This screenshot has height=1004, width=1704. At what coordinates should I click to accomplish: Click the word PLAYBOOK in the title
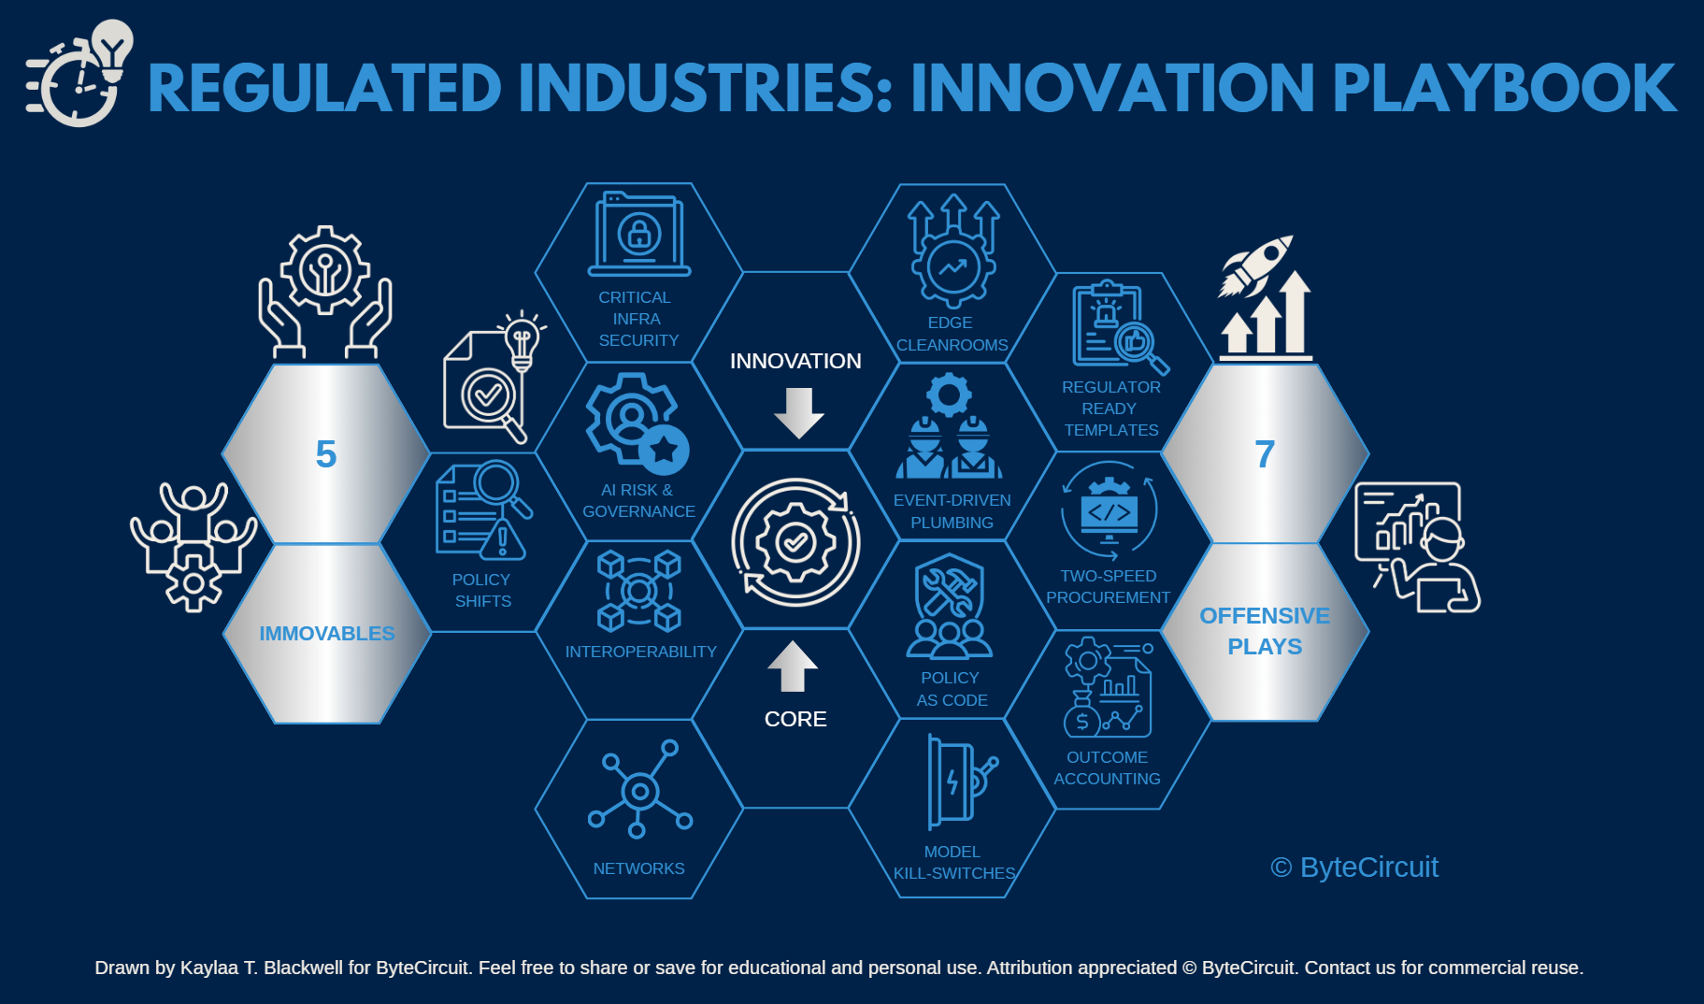point(1504,88)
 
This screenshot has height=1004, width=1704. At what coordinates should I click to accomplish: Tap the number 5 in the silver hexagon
point(325,454)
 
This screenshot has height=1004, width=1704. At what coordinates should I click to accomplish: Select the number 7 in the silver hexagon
point(1265,454)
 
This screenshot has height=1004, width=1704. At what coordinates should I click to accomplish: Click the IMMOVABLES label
point(327,634)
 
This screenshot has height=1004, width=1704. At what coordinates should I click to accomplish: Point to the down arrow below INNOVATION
point(799,413)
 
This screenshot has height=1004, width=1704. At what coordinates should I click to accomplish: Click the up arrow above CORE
point(793,666)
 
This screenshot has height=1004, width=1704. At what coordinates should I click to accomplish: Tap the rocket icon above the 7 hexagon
point(1256,265)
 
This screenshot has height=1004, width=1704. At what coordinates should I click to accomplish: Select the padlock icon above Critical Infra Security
point(639,233)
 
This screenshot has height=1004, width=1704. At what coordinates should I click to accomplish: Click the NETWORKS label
point(639,868)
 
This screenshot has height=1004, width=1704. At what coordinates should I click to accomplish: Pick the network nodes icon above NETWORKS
point(640,789)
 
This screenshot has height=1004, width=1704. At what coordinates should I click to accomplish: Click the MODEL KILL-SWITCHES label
point(953,863)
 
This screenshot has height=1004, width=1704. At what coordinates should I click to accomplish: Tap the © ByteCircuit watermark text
point(1354,868)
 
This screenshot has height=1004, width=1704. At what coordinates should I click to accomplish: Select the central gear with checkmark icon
point(795,542)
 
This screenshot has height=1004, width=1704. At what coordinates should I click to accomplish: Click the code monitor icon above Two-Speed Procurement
point(1110,512)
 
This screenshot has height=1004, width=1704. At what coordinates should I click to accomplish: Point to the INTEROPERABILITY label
point(641,652)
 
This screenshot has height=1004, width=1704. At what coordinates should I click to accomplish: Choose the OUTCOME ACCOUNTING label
point(1108,767)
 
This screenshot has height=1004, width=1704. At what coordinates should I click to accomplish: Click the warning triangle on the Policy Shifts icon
point(503,539)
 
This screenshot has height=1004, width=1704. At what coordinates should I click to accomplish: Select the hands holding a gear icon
point(325,292)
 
